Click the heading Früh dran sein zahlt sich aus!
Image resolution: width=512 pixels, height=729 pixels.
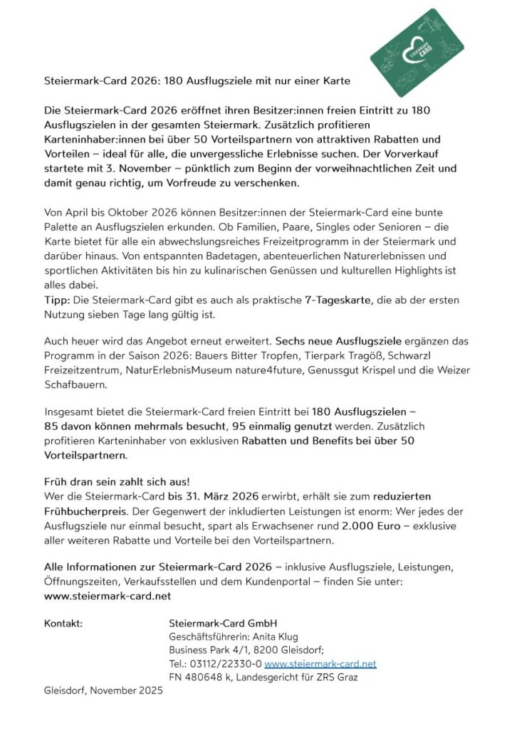coord(108,481)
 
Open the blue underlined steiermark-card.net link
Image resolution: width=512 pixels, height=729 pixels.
coord(320,664)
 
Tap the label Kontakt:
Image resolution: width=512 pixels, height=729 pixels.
coord(63,623)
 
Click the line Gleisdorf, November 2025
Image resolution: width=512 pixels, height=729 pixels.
coord(103,691)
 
